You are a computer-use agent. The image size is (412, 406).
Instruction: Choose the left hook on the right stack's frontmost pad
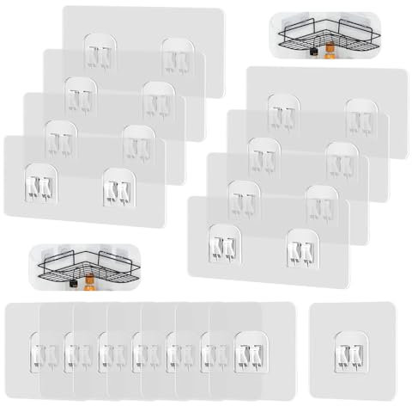coord(226,245)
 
